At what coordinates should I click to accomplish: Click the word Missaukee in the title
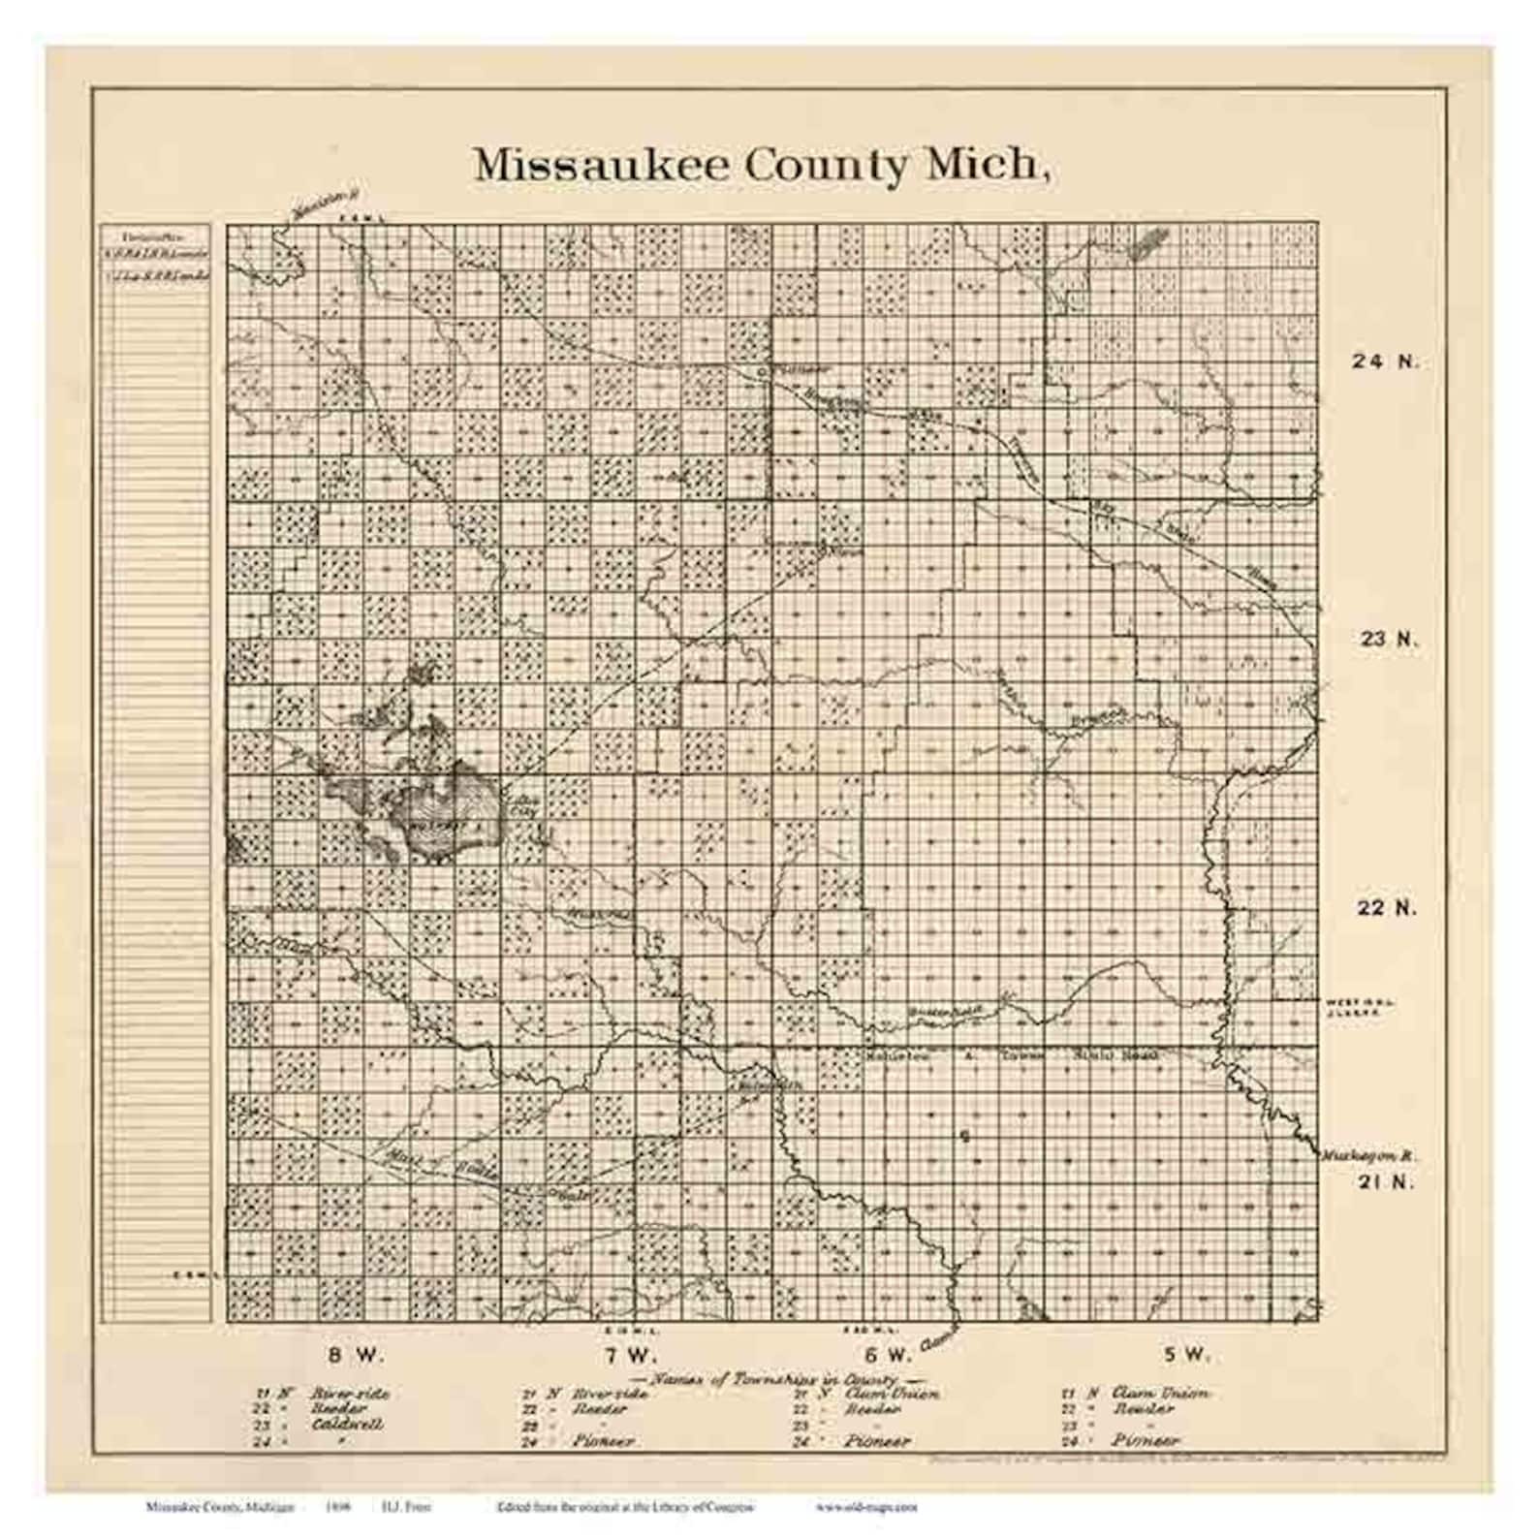[602, 165]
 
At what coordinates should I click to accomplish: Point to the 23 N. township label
[1390, 639]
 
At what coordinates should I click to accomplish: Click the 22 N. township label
[1386, 908]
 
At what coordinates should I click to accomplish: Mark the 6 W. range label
[885, 1354]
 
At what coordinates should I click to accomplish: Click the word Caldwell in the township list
[347, 1424]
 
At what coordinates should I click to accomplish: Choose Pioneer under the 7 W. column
[603, 1441]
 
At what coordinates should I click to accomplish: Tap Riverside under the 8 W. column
[350, 1394]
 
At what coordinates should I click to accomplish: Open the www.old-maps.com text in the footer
[866, 1507]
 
